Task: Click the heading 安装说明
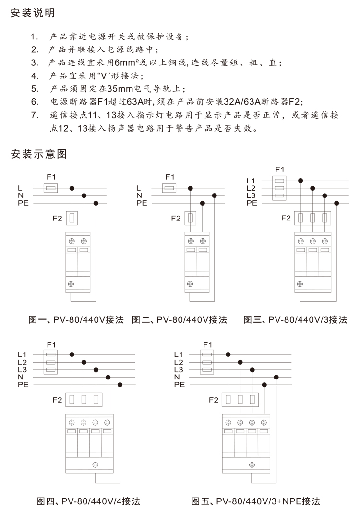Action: [x=33, y=13]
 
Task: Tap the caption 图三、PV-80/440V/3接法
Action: [x=295, y=320]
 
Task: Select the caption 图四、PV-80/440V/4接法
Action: [x=89, y=501]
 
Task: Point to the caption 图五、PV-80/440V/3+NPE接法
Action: [x=255, y=501]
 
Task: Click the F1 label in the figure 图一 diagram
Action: [x=51, y=177]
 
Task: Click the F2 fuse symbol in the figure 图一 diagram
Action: [x=72, y=219]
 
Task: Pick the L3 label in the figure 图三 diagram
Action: [x=252, y=195]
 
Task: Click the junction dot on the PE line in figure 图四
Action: [x=120, y=385]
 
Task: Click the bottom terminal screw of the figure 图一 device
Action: [x=72, y=284]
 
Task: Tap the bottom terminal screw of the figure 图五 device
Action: [x=251, y=464]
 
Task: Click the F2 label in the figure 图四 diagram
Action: [x=57, y=400]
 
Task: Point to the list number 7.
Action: [x=34, y=115]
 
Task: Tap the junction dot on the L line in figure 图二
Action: [x=191, y=188]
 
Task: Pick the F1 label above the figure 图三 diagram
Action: [x=280, y=169]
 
